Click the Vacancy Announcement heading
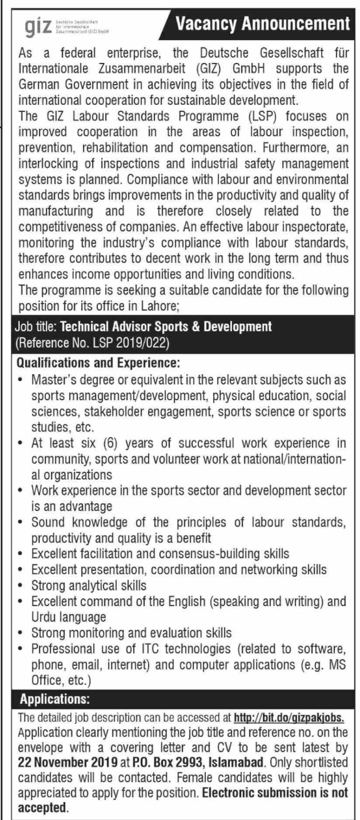coord(262,23)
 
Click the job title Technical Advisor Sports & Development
coord(166,326)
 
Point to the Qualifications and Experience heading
coord(98,362)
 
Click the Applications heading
coord(54,700)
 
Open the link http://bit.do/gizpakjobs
coord(289,717)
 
